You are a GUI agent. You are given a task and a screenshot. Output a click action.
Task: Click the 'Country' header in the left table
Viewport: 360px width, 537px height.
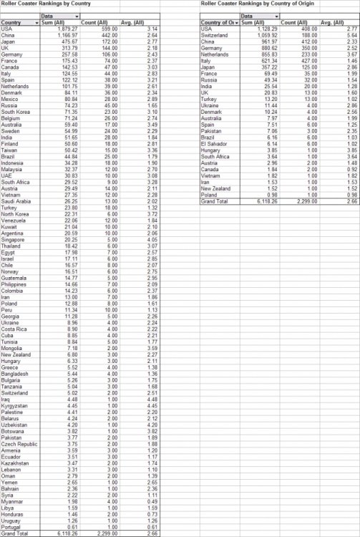click(x=11, y=23)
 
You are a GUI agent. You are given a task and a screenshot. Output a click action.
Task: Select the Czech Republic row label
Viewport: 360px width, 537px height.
click(x=19, y=444)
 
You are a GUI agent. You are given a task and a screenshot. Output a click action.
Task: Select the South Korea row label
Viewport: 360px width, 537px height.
click(x=16, y=112)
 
